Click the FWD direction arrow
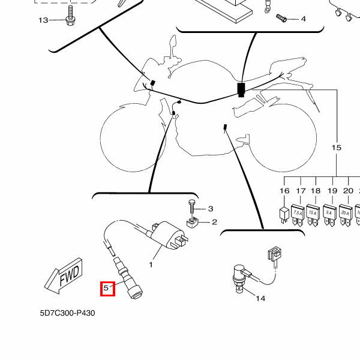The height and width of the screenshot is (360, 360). [x=62, y=277]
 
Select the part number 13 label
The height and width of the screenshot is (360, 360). [x=43, y=21]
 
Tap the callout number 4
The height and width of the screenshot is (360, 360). [x=303, y=19]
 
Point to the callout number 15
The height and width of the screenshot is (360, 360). [x=336, y=148]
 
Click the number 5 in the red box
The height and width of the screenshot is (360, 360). [x=106, y=289]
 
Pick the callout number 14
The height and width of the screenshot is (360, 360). [x=260, y=298]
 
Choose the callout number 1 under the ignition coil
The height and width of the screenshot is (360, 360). [x=151, y=264]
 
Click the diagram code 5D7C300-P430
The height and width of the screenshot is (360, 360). [x=68, y=313]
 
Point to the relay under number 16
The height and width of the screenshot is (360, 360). [x=284, y=213]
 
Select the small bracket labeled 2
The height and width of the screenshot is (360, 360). [x=193, y=224]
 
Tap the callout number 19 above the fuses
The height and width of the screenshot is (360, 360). [x=332, y=191]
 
